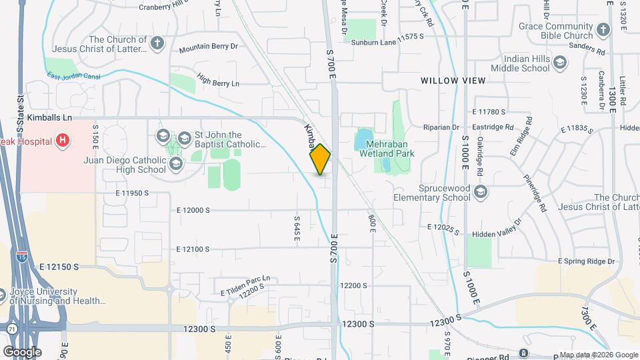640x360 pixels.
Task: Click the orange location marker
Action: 320,159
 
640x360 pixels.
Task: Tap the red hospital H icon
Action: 63,140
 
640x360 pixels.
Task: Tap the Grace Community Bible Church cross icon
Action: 603,30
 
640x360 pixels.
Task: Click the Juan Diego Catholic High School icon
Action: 176,164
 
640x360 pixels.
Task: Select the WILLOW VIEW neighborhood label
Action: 453,81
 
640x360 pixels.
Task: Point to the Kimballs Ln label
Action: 49,117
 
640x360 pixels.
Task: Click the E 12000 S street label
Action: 193,210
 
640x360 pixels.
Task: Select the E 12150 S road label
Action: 59,266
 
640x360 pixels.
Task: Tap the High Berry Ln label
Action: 217,83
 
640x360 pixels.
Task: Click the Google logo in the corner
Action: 22,351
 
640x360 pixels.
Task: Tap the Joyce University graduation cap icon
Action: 4,293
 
